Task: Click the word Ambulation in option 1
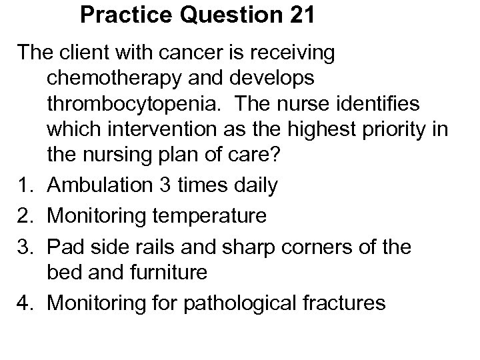pos(107,185)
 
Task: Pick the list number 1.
pos(25,185)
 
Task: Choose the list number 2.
pos(25,215)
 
